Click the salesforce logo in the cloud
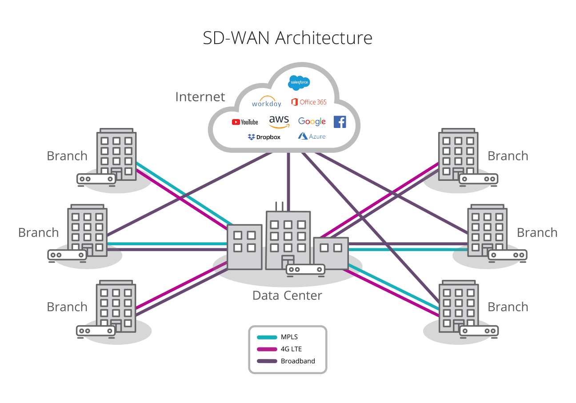[299, 82]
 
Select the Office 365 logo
[309, 102]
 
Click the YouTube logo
[245, 122]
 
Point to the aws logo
[279, 121]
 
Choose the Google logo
[312, 121]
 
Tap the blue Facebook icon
[340, 122]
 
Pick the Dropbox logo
[264, 137]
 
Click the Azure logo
[312, 136]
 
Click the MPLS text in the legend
[289, 337]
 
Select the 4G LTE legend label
[291, 349]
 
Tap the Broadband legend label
[298, 361]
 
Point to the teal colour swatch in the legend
[266, 337]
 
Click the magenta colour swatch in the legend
[266, 349]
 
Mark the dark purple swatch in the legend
[266, 361]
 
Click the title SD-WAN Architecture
[288, 38]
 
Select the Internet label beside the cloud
[200, 96]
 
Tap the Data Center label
[287, 295]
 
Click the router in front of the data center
[305, 269]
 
